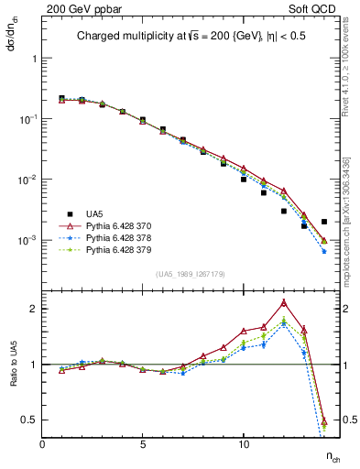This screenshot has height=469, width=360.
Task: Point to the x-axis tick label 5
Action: (x=143, y=444)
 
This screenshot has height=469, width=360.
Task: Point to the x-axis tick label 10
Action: (x=243, y=444)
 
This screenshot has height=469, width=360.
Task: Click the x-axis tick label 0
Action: (x=43, y=444)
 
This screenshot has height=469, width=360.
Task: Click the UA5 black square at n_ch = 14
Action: (x=324, y=222)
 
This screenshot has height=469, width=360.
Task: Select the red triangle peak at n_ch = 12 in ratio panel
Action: (x=284, y=302)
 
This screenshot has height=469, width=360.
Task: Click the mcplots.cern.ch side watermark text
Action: (x=353, y=220)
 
